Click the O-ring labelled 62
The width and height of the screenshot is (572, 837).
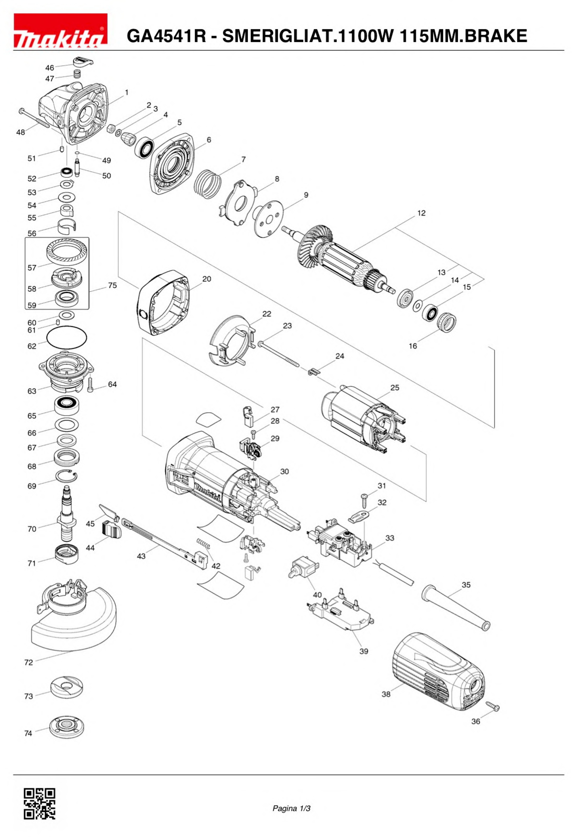(x=67, y=337)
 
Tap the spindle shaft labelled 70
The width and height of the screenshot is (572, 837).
(x=67, y=514)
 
